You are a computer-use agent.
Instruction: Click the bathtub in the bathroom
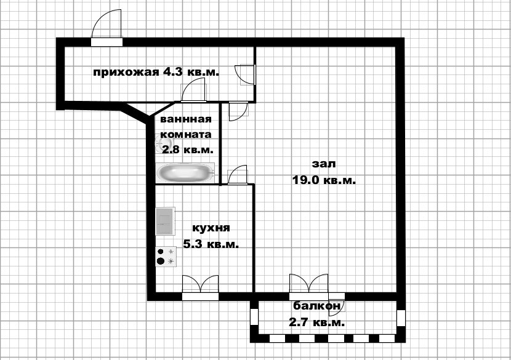pos(185,172)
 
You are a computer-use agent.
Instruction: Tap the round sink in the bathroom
pos(164,145)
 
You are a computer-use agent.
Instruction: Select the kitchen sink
pos(165,221)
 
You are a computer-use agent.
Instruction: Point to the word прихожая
pos(126,72)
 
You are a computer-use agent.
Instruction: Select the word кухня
pos(211,228)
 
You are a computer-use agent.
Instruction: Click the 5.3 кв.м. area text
pos(211,244)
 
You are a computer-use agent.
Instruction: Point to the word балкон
pos(316,306)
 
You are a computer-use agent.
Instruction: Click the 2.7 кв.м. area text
pos(316,322)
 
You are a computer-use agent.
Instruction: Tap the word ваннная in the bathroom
pos(186,119)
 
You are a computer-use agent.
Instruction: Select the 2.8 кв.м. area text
pos(186,149)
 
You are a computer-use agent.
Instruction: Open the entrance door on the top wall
pos(106,31)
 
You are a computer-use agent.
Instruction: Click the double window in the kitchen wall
pos(201,287)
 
